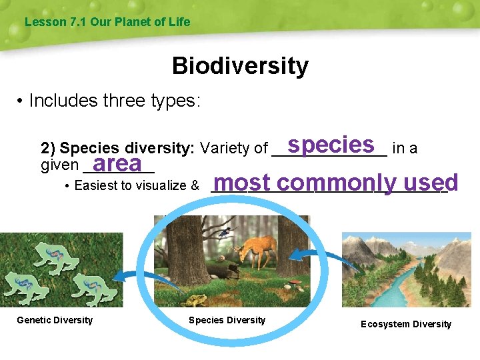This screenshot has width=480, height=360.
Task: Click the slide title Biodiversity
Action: [240, 66]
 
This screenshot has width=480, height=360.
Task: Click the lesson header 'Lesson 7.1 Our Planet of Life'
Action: [107, 22]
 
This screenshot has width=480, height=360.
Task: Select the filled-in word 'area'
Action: [118, 163]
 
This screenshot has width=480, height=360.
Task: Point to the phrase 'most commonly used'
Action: [336, 183]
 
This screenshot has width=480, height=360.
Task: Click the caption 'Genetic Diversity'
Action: [55, 320]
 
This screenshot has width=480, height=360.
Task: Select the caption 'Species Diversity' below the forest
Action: [227, 320]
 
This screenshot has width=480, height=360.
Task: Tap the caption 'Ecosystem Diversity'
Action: [405, 324]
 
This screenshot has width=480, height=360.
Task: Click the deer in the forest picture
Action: [254, 249]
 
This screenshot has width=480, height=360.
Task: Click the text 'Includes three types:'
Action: [115, 101]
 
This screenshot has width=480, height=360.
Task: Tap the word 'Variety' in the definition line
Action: [222, 148]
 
